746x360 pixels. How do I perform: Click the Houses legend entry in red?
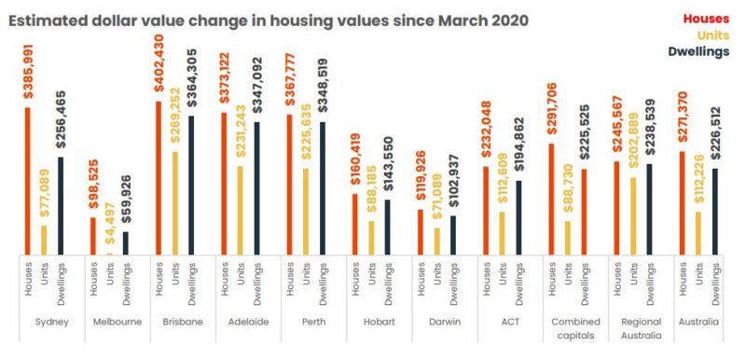click(706, 18)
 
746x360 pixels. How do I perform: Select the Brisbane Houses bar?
click(158, 176)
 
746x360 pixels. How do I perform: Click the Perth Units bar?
click(306, 210)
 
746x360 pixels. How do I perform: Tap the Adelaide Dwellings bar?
click(256, 187)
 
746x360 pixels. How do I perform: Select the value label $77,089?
click(44, 190)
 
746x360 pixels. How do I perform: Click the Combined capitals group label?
click(567, 328)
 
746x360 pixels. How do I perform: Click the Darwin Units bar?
click(436, 240)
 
